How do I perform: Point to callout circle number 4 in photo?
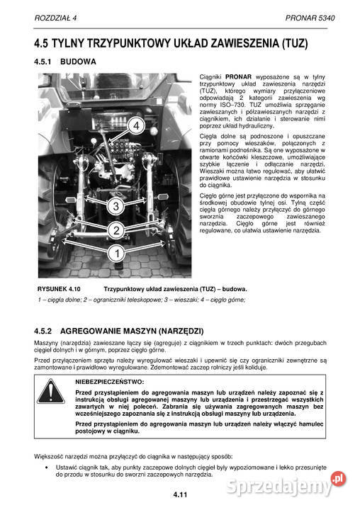pos(137,125)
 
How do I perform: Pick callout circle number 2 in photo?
pos(116,229)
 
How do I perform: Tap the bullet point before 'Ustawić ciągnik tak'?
pos(46,468)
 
